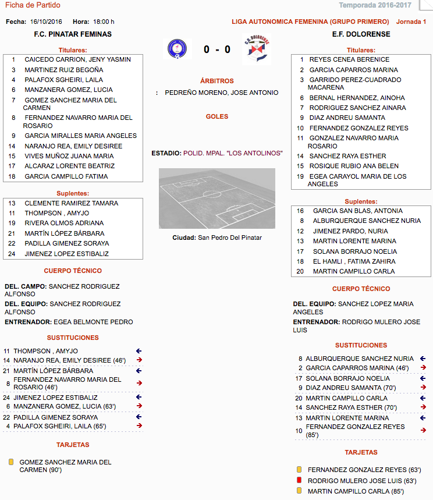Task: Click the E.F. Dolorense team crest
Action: tap(256, 49)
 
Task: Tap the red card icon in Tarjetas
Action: tap(299, 480)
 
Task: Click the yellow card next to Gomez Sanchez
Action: tap(10, 462)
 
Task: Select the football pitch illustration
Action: tap(216, 198)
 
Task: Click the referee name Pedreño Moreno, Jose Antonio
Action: tap(221, 93)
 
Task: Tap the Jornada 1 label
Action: tap(411, 22)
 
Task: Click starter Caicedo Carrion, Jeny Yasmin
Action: tap(77, 59)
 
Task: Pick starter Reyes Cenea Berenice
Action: tap(349, 59)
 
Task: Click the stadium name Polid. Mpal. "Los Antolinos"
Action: tap(233, 153)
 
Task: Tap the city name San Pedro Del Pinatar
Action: tap(230, 237)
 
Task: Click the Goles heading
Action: tap(216, 116)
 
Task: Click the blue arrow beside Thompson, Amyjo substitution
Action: tap(139, 351)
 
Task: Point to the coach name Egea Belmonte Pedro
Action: tap(93, 322)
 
